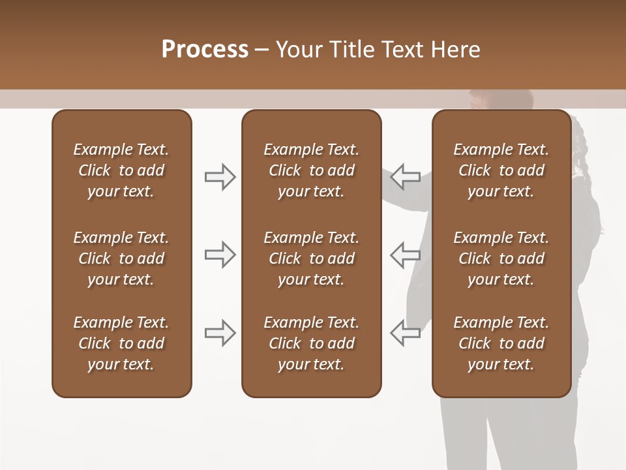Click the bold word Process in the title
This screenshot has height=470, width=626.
click(x=205, y=50)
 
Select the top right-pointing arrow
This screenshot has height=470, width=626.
click(x=220, y=177)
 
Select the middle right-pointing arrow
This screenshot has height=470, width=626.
click(x=220, y=255)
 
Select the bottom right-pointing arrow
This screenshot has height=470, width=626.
click(x=220, y=333)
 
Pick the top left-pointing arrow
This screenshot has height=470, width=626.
click(x=406, y=177)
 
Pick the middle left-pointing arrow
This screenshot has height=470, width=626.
click(x=406, y=255)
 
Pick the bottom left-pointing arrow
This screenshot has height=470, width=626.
click(x=406, y=333)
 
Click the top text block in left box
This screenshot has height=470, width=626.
click(x=121, y=170)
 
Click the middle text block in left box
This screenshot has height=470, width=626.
click(x=121, y=258)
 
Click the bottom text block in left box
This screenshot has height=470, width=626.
click(x=121, y=343)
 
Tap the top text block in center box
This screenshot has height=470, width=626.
click(x=311, y=170)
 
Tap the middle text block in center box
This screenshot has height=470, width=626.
click(x=311, y=258)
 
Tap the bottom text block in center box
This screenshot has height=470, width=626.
click(x=311, y=343)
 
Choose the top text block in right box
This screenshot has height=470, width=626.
click(x=501, y=170)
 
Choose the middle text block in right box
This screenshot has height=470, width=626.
click(x=501, y=258)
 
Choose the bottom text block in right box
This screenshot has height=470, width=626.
click(x=501, y=343)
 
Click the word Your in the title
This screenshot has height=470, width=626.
click(x=298, y=50)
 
